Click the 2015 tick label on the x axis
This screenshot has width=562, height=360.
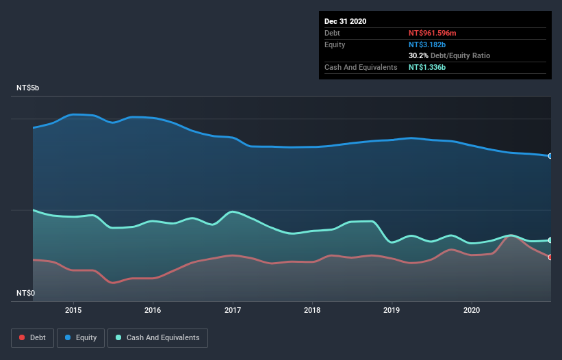pyautogui.click(x=73, y=309)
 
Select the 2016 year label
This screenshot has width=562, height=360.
pyautogui.click(x=153, y=309)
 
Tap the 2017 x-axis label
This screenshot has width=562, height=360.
pyautogui.click(x=233, y=309)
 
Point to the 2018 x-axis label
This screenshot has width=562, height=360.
pyautogui.click(x=312, y=309)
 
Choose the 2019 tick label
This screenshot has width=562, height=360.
pyautogui.click(x=392, y=309)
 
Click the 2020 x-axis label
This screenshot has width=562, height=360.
pyautogui.click(x=472, y=309)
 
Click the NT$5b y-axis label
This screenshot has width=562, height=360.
pyautogui.click(x=28, y=88)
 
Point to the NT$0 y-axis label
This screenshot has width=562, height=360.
pyautogui.click(x=26, y=293)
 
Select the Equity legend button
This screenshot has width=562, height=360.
pyautogui.click(x=81, y=337)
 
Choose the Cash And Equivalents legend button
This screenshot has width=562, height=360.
pyautogui.click(x=157, y=337)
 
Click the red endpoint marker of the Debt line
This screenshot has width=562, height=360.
pyautogui.click(x=550, y=257)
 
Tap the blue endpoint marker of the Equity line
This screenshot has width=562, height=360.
pyautogui.click(x=550, y=156)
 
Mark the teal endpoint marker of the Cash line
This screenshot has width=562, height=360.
pyautogui.click(x=550, y=240)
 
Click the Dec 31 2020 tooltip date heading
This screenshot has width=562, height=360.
pyautogui.click(x=345, y=21)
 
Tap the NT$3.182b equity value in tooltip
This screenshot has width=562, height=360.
pyautogui.click(x=428, y=44)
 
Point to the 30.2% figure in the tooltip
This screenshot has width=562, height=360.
pyautogui.click(x=418, y=55)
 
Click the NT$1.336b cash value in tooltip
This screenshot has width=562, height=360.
pyautogui.click(x=428, y=67)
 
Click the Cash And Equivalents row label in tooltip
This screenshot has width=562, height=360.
pyautogui.click(x=361, y=67)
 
